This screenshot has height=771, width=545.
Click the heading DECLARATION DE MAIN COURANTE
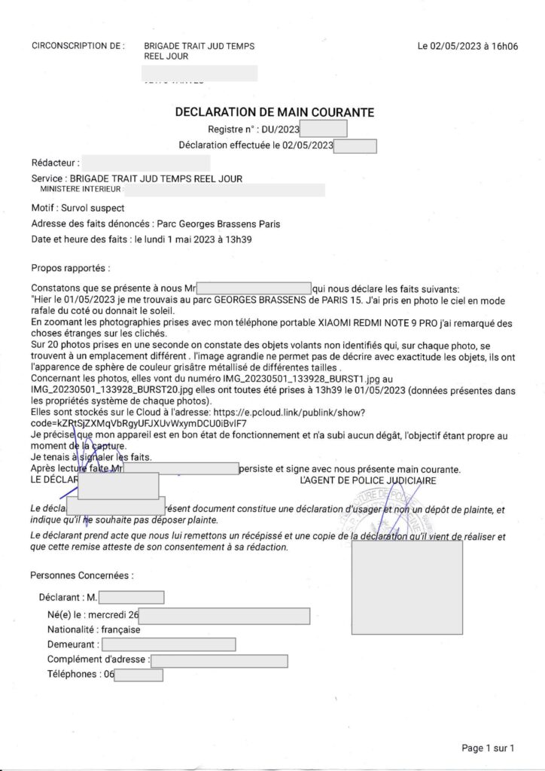tap(274, 112)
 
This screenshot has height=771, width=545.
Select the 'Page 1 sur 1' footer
tap(488, 748)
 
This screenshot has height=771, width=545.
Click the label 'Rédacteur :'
tap(54, 162)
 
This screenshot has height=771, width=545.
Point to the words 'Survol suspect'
tap(93, 208)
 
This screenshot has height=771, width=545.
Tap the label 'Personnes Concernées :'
tap(82, 576)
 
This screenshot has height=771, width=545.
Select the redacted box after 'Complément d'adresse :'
tap(219, 660)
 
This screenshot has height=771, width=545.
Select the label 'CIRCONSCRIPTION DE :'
tap(78, 47)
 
